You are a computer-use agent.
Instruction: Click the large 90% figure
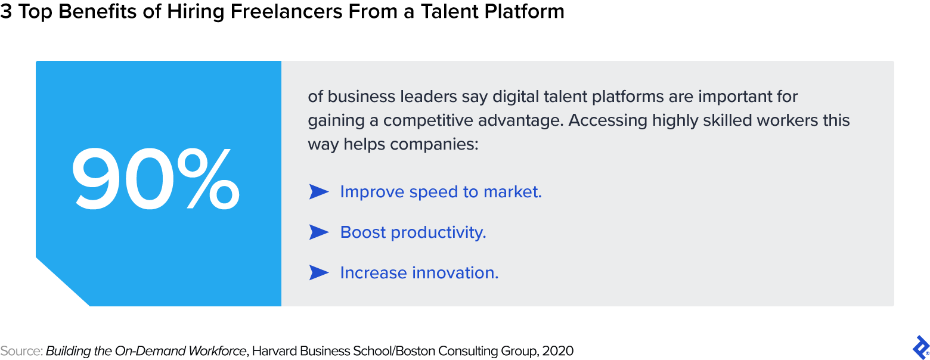[x=156, y=179]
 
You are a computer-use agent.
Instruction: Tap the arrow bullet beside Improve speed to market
[x=319, y=192]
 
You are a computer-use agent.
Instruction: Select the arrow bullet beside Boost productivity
[x=319, y=232]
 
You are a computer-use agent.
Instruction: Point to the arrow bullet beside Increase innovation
[x=319, y=273]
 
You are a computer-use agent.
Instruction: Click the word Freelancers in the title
[x=287, y=11]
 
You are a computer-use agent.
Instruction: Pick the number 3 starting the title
[x=6, y=11]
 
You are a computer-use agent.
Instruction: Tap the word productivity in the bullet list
[x=438, y=232]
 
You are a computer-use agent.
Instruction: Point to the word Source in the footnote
[x=21, y=351]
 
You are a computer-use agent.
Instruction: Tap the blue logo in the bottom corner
[x=921, y=347]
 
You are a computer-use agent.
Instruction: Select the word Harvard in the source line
[x=274, y=351]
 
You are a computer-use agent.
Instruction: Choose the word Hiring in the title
[x=195, y=12]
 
